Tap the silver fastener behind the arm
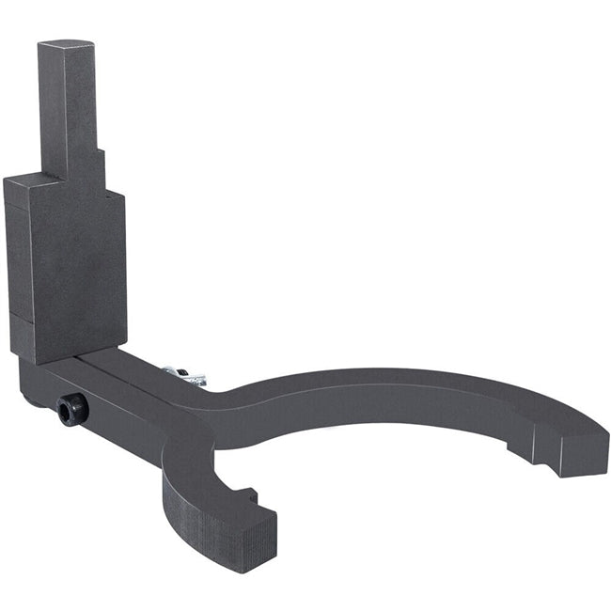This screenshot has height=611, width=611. [184, 376]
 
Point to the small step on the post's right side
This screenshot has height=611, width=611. [100, 164]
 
